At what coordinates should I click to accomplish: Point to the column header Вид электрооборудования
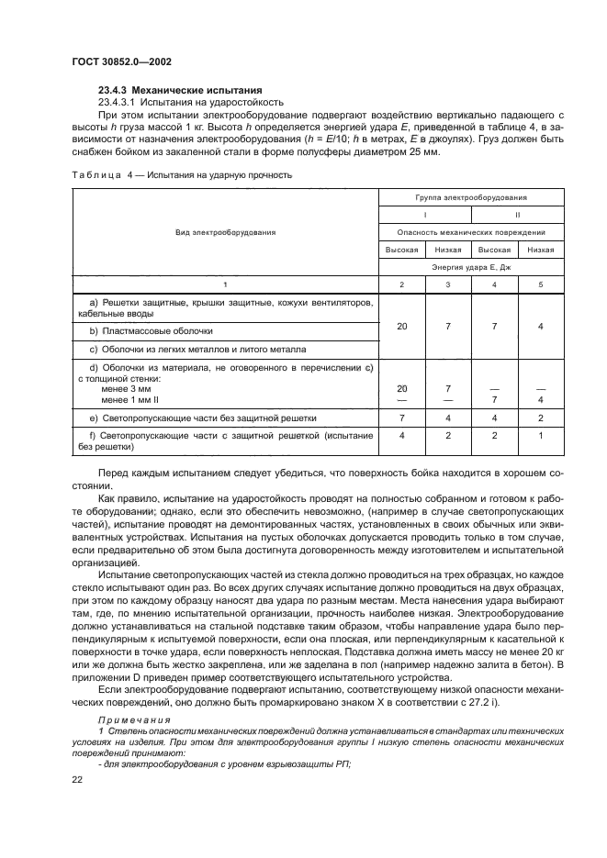225,232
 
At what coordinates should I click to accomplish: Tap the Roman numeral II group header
517,215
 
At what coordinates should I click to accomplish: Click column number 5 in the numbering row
540,285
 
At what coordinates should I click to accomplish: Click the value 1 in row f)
540,435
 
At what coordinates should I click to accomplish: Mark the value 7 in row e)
401,417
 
